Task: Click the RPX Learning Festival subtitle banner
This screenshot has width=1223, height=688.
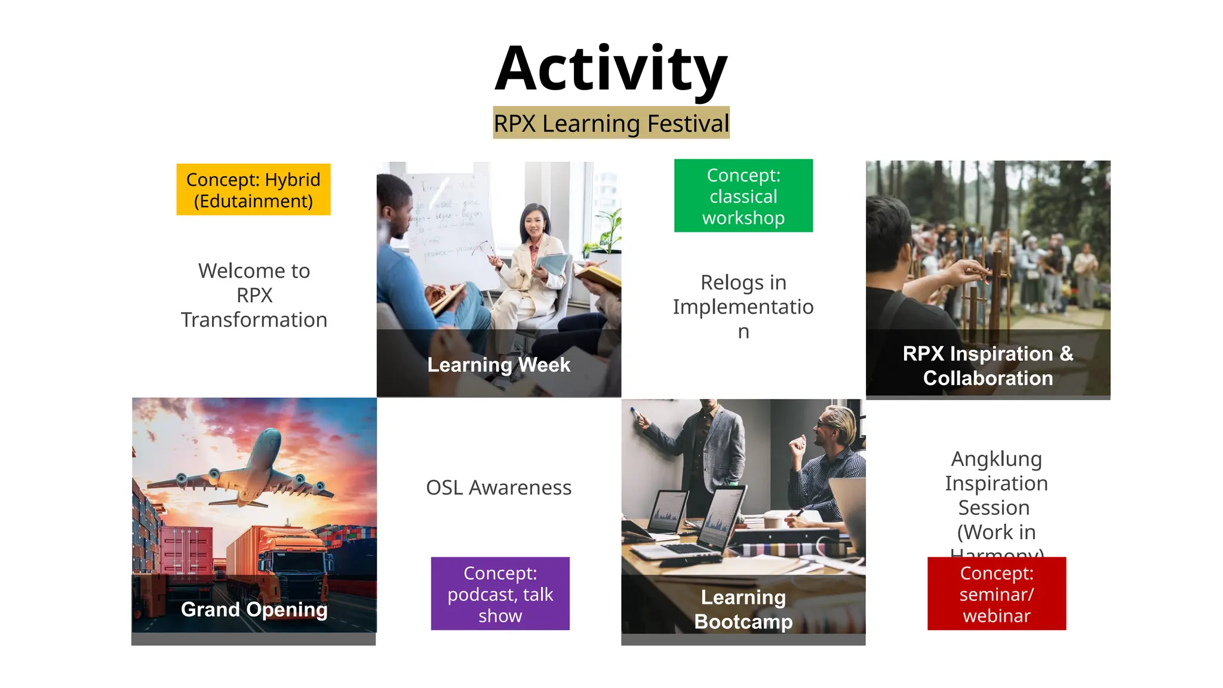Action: click(x=611, y=123)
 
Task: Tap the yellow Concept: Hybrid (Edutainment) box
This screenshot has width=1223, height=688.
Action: click(x=253, y=190)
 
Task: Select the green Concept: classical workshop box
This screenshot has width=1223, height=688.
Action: click(x=743, y=196)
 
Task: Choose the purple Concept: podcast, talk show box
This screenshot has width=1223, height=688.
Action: click(x=500, y=594)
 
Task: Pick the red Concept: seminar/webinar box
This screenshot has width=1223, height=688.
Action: click(x=996, y=594)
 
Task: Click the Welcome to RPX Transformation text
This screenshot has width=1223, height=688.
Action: click(x=254, y=295)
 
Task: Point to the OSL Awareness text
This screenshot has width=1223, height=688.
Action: click(x=499, y=487)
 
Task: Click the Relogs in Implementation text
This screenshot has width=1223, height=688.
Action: click(x=743, y=306)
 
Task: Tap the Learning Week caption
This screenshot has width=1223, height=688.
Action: click(x=499, y=364)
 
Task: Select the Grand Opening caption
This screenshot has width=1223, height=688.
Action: click(x=254, y=609)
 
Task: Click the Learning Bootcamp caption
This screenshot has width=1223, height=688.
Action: click(x=743, y=609)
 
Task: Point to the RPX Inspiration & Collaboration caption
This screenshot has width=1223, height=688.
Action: click(x=988, y=365)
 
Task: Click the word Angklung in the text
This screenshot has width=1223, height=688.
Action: click(x=996, y=459)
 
